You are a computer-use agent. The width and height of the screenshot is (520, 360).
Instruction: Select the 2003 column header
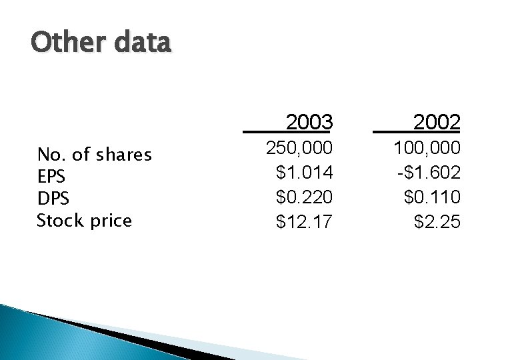(309, 123)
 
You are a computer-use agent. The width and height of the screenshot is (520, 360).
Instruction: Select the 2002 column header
(436, 123)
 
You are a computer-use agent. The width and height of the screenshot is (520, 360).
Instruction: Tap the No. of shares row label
(95, 155)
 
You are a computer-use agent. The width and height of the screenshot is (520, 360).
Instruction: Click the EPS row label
(50, 177)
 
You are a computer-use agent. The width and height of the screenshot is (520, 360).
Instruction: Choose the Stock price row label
(84, 220)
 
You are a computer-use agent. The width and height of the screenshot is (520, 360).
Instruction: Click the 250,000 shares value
(299, 147)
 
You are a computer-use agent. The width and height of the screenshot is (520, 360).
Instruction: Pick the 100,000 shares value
(427, 147)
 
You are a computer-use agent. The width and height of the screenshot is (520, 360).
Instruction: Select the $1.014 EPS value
(304, 173)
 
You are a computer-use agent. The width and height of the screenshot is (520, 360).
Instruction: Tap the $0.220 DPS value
(304, 197)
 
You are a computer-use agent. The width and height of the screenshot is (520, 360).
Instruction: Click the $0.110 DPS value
(432, 197)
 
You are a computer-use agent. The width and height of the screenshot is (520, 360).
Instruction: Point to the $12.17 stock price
(304, 221)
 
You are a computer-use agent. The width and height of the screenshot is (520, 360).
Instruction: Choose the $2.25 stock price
(437, 221)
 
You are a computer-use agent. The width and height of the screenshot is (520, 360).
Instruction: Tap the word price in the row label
(111, 221)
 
